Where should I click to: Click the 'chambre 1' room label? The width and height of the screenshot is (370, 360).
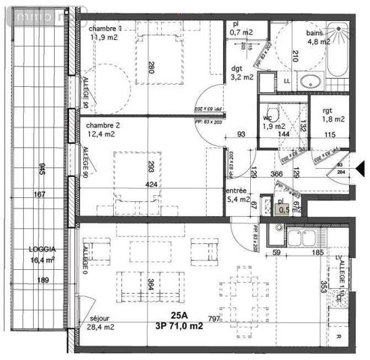tap(105, 27)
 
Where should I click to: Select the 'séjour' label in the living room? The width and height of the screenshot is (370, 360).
tap(91, 316)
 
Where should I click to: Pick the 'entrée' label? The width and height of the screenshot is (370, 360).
tap(237, 191)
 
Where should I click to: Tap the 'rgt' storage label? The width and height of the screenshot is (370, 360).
tap(327, 109)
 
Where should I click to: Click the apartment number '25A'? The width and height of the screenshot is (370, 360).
tap(179, 315)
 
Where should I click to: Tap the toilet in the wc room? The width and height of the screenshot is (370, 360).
tap(276, 115)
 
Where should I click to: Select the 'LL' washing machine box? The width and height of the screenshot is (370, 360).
tap(287, 81)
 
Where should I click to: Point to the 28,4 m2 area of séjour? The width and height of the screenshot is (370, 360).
tap(99, 327)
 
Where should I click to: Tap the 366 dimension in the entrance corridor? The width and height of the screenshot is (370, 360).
tap(276, 175)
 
